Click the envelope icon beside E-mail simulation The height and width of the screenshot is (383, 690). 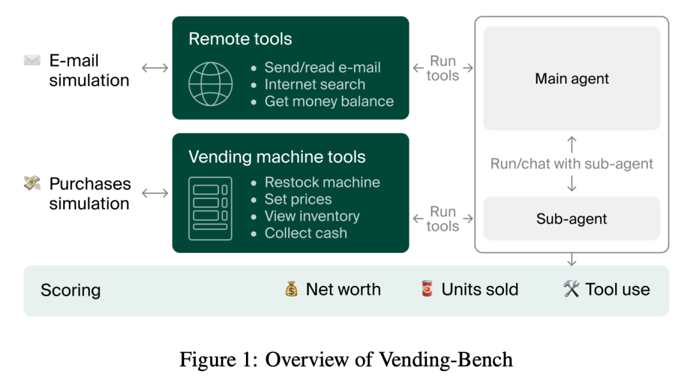[32, 60]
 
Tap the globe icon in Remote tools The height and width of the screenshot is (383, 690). [210, 84]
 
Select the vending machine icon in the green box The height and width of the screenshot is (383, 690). [210, 209]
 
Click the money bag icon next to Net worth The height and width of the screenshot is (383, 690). [291, 289]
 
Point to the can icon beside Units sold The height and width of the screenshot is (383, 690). [427, 289]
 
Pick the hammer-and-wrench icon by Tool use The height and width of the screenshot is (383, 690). [571, 289]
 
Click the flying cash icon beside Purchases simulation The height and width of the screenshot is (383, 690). [32, 183]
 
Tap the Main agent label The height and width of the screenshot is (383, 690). [572, 79]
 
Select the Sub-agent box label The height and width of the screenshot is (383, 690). [572, 218]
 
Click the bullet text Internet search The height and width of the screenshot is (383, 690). [314, 84]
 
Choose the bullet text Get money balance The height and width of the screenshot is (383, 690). [329, 101]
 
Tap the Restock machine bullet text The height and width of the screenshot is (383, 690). [322, 182]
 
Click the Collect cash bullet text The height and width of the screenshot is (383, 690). [306, 233]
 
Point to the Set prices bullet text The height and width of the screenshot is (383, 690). [298, 199]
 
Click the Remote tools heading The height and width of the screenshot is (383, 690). [240, 39]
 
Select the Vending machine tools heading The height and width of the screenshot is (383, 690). [277, 157]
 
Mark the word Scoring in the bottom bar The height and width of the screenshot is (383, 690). [70, 290]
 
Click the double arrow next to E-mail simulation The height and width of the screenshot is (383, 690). [155, 68]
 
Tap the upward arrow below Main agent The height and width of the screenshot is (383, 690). [572, 144]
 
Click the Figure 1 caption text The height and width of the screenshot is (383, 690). [346, 359]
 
